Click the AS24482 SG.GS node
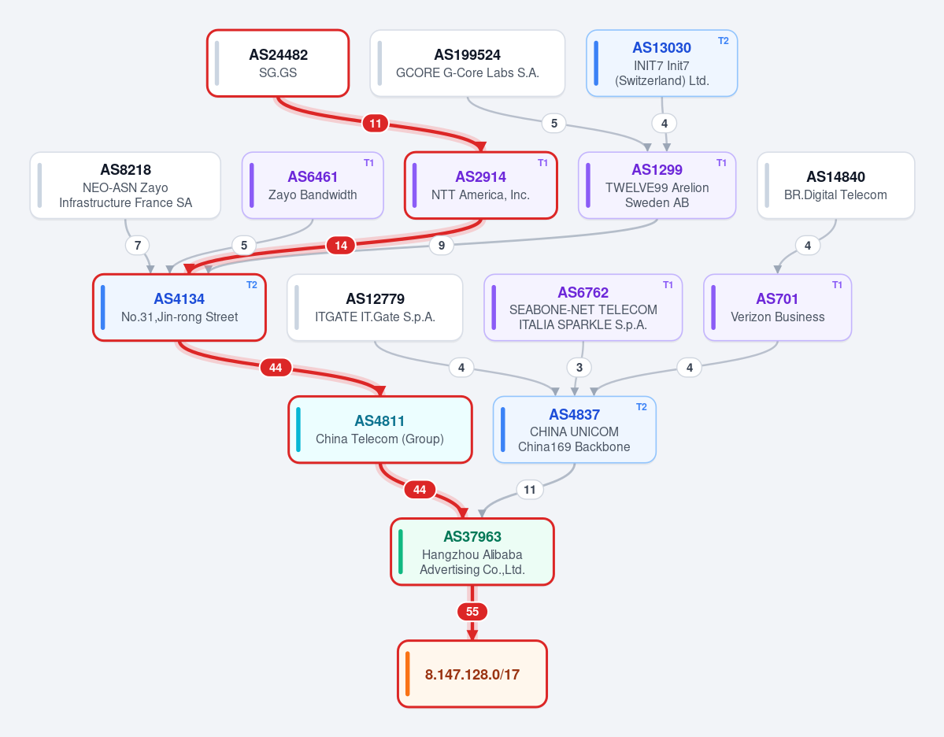point(278,63)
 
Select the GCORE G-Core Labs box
point(467,63)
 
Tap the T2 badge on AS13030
point(723,41)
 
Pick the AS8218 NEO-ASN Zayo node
point(125,186)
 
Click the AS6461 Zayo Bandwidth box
point(313,186)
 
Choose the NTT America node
point(480,186)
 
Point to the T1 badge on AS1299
point(721,162)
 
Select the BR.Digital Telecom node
point(835,186)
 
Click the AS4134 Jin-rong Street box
point(180,308)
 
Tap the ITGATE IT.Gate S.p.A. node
point(375,308)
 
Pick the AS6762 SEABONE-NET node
point(583,308)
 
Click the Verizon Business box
point(777,308)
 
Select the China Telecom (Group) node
point(380,430)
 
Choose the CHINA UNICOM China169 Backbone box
point(574,430)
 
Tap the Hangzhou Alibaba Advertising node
point(472,551)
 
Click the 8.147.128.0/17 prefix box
point(472,674)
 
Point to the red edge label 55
point(472,612)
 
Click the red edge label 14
point(341,245)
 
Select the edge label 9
point(442,245)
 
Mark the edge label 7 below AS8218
point(138,245)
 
